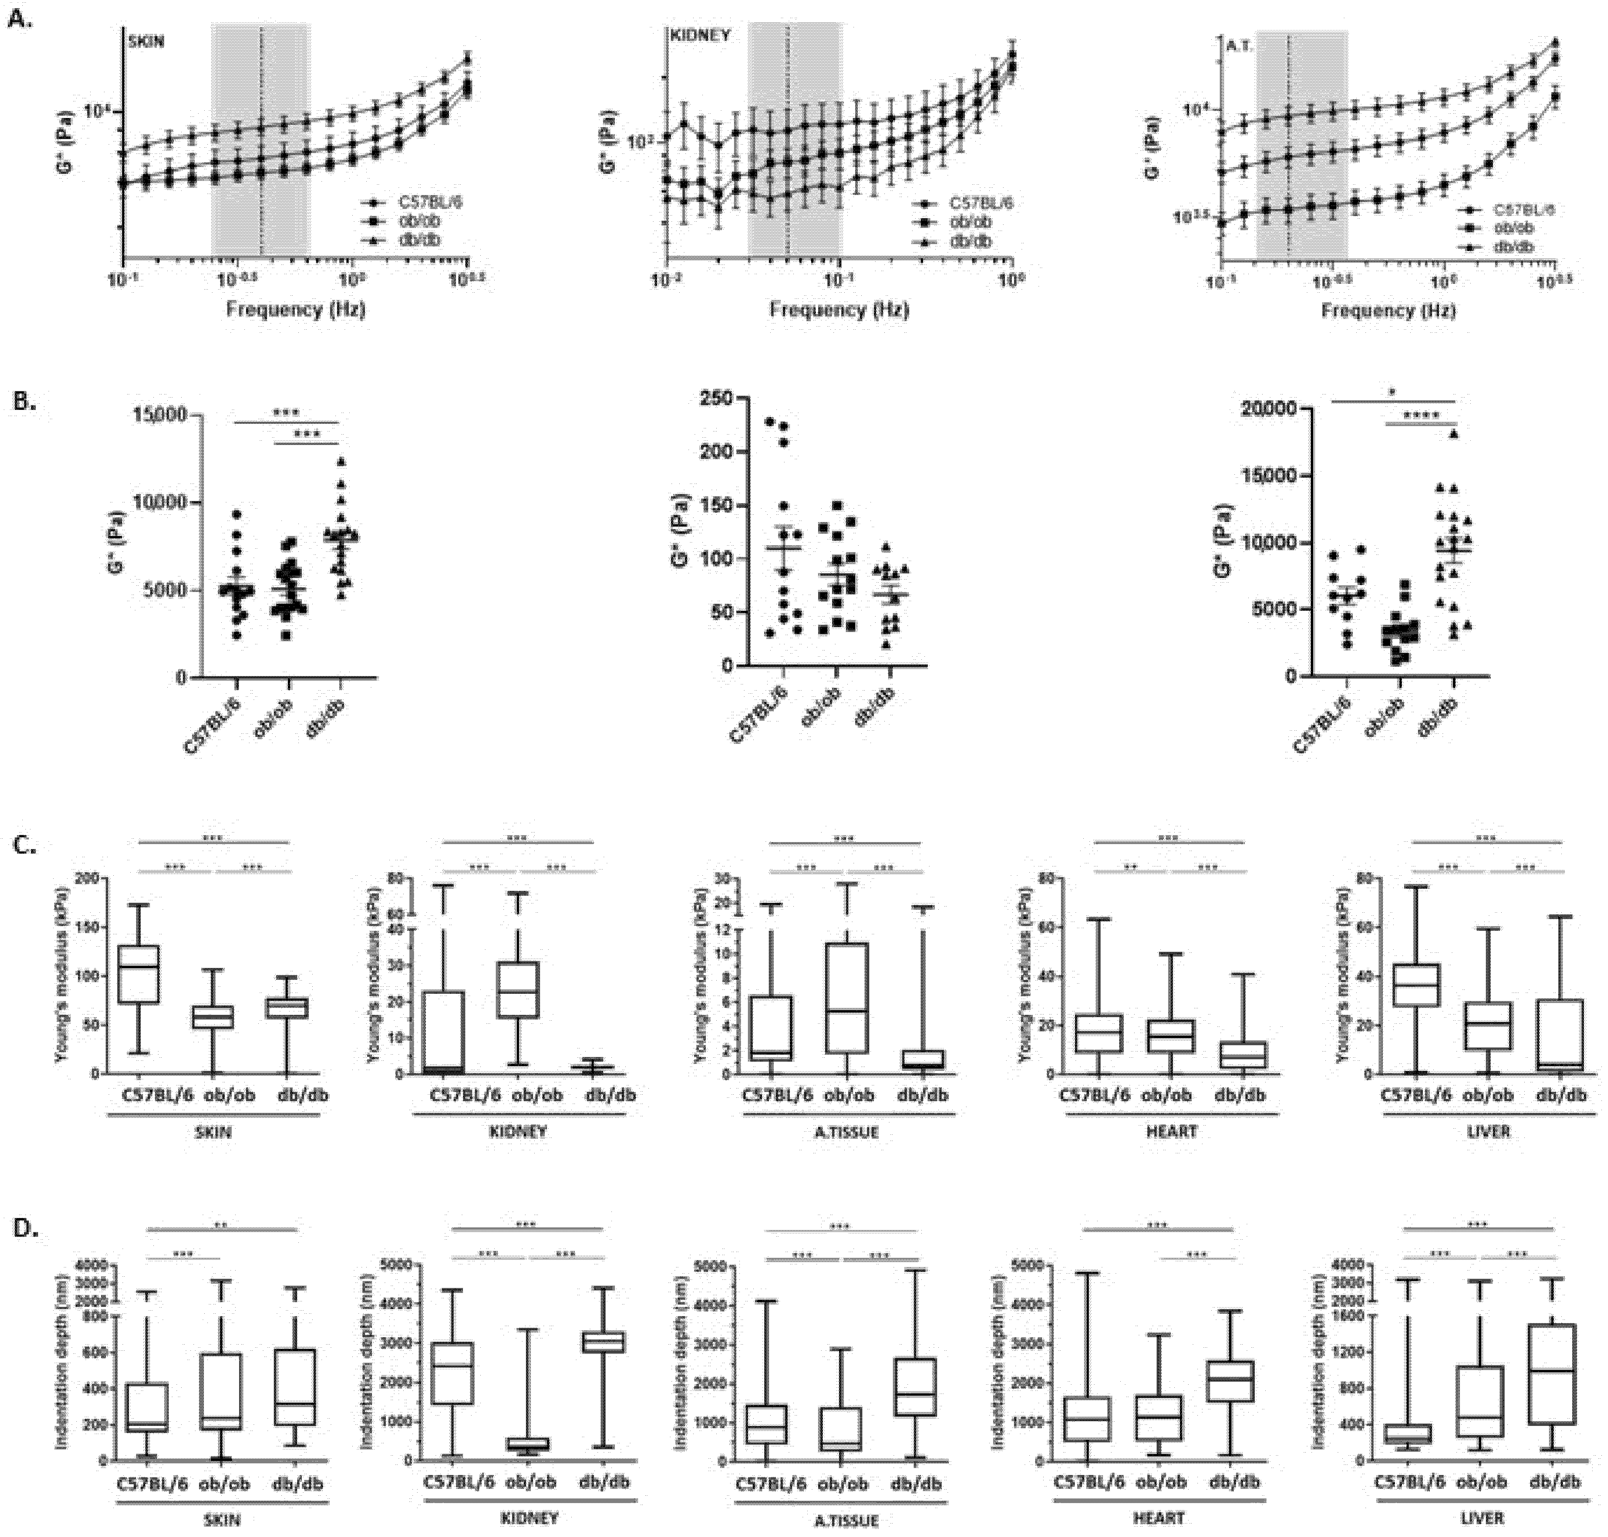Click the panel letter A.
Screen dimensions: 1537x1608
20,20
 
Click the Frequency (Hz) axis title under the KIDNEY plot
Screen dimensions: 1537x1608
839,310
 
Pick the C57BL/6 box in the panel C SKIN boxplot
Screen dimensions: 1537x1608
138,973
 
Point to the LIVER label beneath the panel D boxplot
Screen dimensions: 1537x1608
1483,1517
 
